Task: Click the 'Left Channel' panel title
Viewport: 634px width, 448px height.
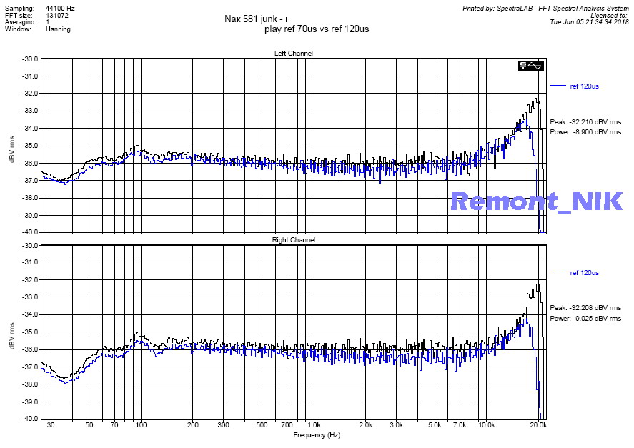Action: (293, 54)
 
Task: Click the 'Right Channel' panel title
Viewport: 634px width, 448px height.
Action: (293, 240)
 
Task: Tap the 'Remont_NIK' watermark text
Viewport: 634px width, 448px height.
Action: (536, 201)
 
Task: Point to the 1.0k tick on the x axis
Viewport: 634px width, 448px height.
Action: (314, 424)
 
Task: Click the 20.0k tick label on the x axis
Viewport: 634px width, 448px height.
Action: (539, 424)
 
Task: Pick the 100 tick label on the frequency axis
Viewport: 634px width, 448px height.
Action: (141, 424)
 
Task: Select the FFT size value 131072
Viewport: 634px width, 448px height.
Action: (56, 14)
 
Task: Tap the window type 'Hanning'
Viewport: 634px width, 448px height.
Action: (58, 30)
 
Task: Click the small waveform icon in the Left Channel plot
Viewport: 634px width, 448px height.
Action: (533, 66)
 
